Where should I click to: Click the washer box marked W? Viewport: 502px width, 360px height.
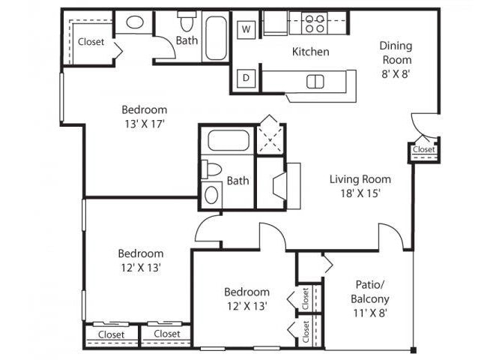point(245,30)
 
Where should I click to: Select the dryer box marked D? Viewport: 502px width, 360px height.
point(245,77)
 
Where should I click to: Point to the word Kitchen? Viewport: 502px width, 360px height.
point(310,52)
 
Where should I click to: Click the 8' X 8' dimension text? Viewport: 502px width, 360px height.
point(396,75)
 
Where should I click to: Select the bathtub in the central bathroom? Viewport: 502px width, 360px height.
point(226,142)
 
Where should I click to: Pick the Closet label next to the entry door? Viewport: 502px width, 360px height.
point(423,150)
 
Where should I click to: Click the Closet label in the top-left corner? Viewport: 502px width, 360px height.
point(91,42)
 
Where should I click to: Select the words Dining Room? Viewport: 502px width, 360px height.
point(396,52)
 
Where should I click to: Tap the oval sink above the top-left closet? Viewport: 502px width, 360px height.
point(136,22)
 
